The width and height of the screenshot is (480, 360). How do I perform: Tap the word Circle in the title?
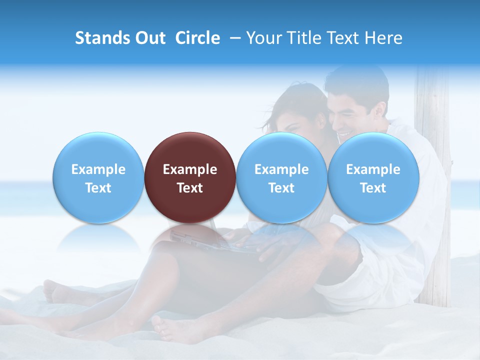[x=197, y=38]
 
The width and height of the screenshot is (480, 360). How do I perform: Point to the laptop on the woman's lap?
[x=210, y=240]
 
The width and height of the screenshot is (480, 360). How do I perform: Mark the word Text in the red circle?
[x=190, y=188]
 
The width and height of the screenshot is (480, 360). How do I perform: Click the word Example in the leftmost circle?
[x=98, y=169]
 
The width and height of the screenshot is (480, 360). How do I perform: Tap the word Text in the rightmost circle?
[x=373, y=188]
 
